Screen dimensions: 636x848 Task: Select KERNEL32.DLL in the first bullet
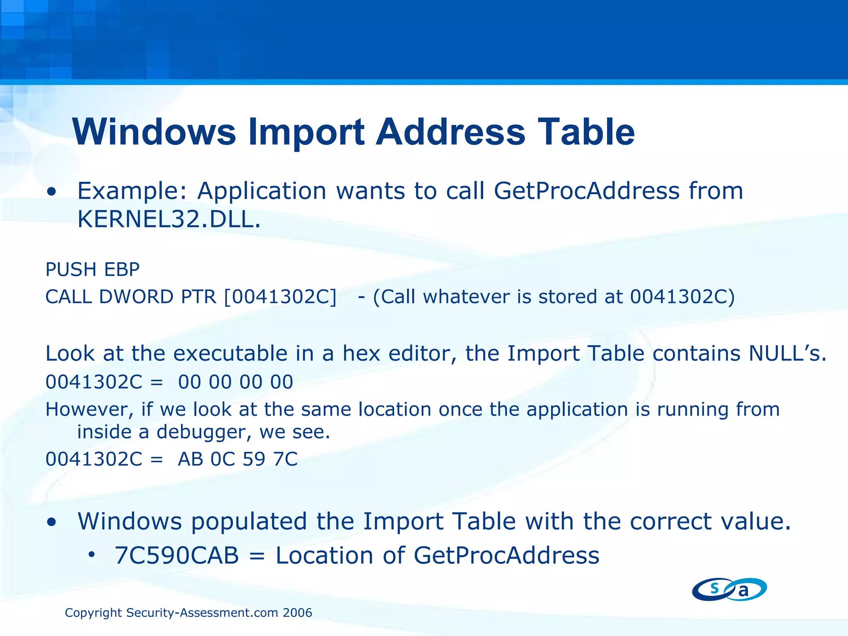169,219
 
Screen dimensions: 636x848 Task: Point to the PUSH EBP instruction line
92,270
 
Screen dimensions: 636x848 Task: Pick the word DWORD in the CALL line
136,297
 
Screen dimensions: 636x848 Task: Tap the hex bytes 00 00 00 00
236,382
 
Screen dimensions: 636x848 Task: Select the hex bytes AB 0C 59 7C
238,459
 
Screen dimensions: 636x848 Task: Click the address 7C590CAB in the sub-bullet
177,555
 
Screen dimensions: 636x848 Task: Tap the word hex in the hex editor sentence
361,354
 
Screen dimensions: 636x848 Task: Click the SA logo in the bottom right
729,589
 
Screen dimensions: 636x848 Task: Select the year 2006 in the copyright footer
297,613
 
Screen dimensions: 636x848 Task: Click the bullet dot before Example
52,192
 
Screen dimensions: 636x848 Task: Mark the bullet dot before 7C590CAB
92,554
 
